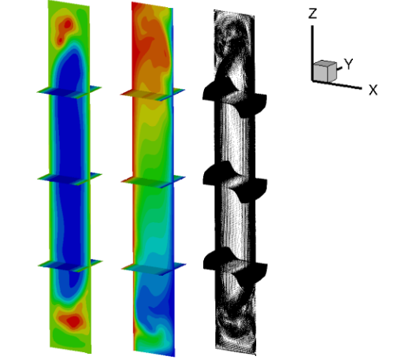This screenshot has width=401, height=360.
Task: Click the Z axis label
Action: click(x=313, y=13)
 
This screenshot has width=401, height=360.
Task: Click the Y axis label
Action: click(x=348, y=64)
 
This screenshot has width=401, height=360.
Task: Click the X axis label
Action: click(x=373, y=90)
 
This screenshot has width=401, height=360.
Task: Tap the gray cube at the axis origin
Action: click(x=325, y=71)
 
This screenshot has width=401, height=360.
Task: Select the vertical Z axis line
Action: click(x=312, y=53)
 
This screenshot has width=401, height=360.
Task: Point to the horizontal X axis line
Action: click(x=337, y=84)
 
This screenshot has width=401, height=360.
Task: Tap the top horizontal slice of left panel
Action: click(x=69, y=91)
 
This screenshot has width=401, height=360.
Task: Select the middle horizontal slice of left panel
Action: click(x=69, y=179)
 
